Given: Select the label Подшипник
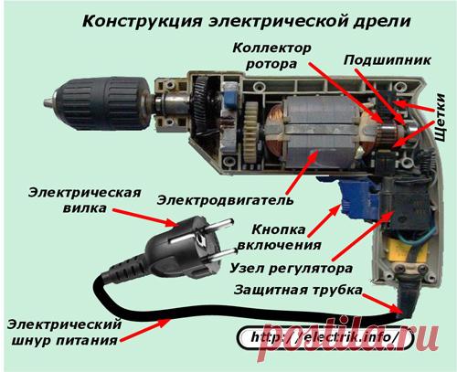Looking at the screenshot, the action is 388,61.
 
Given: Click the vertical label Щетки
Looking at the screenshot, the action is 440,117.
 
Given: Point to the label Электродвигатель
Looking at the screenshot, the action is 226,200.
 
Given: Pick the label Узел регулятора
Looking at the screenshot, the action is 291,269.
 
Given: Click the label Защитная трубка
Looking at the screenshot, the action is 298,290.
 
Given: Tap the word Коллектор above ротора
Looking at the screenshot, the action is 271,48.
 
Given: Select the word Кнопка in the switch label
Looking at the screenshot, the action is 279,229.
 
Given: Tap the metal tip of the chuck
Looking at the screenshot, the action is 48,102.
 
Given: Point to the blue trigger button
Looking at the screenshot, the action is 359,198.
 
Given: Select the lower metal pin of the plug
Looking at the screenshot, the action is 222,255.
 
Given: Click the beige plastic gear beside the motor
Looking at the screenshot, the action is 251,132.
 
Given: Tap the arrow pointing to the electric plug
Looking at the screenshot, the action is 145,218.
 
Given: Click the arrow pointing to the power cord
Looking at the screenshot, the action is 145,330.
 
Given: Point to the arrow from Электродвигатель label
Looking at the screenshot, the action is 302,173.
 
